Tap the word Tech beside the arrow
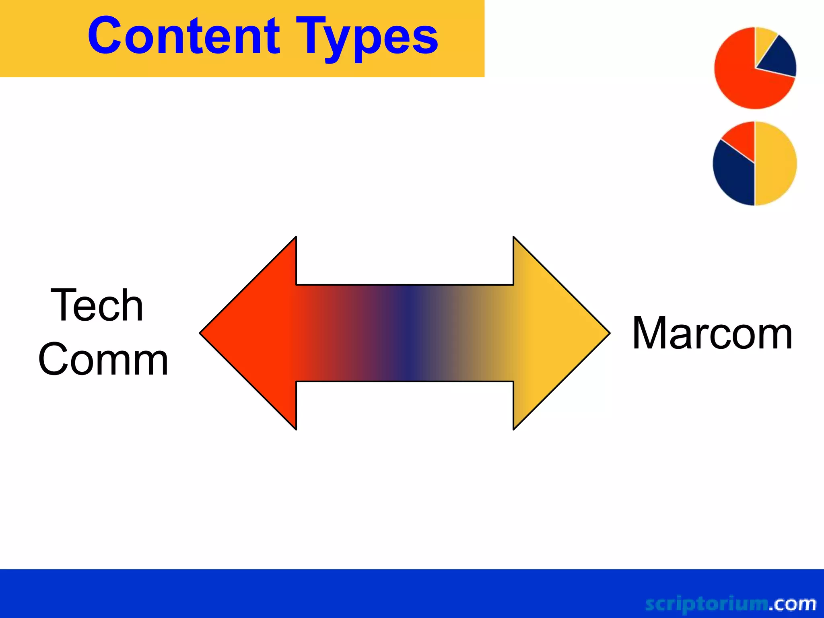coord(97,305)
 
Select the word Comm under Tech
coord(103,359)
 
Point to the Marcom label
coord(712,334)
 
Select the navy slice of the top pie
coord(779,58)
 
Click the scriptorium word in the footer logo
coord(706,604)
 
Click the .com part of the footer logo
coord(793,604)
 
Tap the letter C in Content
coord(105,36)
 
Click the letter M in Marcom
coord(648,334)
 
